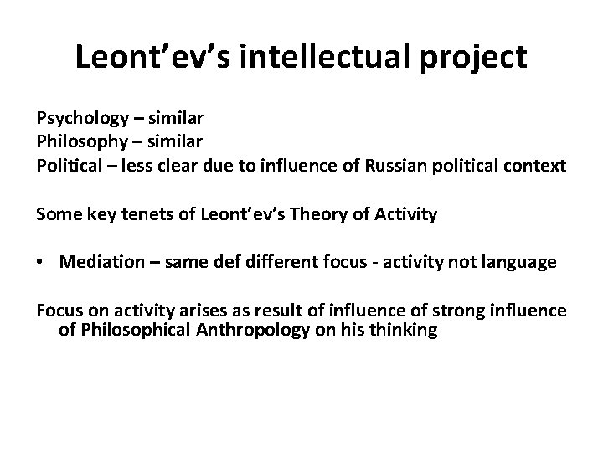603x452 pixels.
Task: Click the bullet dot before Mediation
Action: pos(41,263)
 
